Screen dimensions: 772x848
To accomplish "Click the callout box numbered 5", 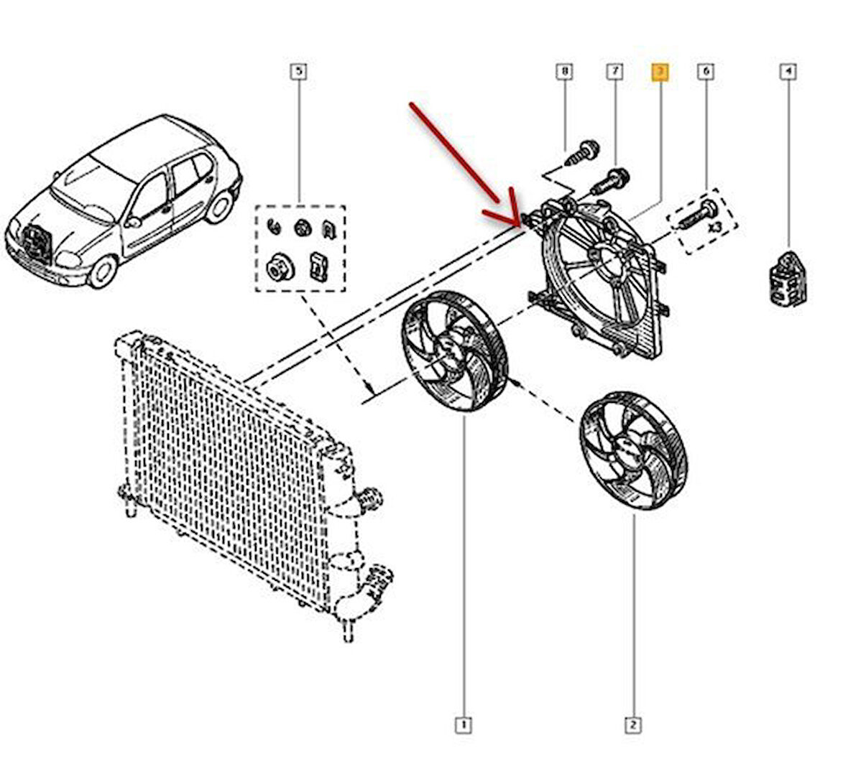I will point(298,71).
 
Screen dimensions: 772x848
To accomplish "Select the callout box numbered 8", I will point(564,71).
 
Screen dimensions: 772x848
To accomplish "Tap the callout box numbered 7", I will point(614,71).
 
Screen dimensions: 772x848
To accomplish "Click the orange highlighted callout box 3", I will point(659,71).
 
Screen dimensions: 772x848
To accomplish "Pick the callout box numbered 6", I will point(706,71).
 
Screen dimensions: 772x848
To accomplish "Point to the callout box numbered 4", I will point(788,71).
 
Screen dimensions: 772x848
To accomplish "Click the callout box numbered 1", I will point(464,725).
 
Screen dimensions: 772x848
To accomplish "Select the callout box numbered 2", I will point(633,725).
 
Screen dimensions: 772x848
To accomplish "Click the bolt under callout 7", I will point(612,180).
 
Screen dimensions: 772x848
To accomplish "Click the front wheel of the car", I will point(103,271).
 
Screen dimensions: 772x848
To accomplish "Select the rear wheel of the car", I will point(220,207).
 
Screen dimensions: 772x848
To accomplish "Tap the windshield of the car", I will point(90,180).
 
